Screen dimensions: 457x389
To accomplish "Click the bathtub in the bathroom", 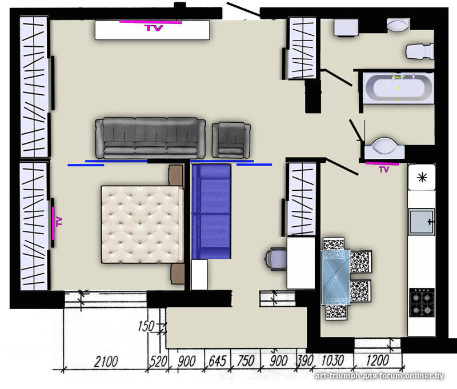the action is [x=398, y=87].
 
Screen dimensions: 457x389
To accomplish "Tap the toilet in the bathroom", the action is [x=420, y=51].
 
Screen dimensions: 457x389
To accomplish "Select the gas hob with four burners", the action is [x=422, y=302].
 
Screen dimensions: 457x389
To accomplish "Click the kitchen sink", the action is [x=422, y=222].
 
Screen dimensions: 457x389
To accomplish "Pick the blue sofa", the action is [x=211, y=211].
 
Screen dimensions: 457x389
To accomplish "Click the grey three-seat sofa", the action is [x=150, y=138].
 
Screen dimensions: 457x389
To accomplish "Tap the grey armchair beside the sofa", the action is [x=231, y=140].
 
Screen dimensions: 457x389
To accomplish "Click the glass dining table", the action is [x=335, y=277].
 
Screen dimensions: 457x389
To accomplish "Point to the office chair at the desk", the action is [x=275, y=259].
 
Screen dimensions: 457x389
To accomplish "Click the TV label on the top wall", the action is [x=154, y=28].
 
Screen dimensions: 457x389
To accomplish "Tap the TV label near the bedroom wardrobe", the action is [x=59, y=222].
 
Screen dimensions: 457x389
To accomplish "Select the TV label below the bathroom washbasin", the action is [x=384, y=169].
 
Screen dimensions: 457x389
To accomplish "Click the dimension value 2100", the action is [x=106, y=362].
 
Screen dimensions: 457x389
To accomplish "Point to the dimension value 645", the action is [x=217, y=362].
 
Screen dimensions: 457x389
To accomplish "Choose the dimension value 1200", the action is [x=377, y=360].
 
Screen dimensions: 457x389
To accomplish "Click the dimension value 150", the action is [x=146, y=326].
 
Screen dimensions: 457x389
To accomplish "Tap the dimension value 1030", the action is [x=332, y=360].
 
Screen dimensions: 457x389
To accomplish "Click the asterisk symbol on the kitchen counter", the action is [x=422, y=177].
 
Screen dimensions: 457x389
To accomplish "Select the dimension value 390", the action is [x=305, y=360].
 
